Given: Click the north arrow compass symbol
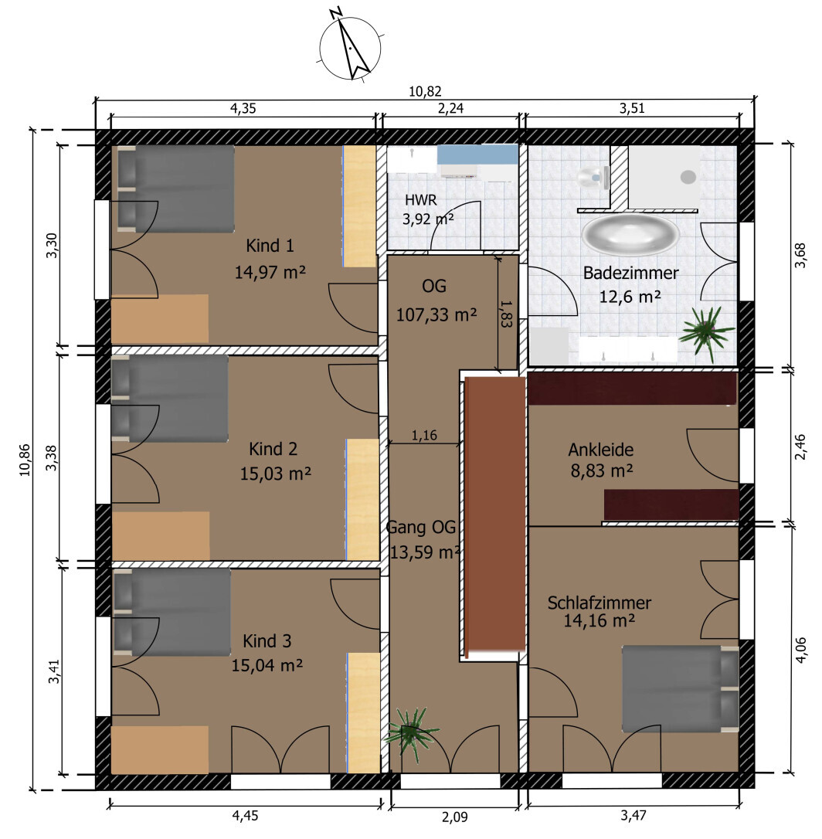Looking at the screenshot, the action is (x=351, y=47).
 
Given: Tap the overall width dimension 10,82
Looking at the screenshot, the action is (x=425, y=91).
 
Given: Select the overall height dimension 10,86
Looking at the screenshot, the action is (x=25, y=460).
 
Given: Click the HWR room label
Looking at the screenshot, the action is (x=420, y=200).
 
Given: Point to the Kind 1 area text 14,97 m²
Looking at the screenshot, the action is (x=270, y=272).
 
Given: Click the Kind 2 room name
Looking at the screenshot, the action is (x=273, y=448).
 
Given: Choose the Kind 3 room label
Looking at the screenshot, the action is (x=267, y=640).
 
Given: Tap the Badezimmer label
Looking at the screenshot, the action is (x=630, y=273).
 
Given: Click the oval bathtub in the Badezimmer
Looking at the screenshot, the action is (x=630, y=235).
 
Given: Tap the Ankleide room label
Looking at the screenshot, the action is (x=601, y=450).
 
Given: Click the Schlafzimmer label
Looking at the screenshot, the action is (x=600, y=603).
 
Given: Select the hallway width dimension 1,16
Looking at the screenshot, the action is (x=424, y=436).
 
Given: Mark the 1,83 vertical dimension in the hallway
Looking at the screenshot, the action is (x=506, y=313).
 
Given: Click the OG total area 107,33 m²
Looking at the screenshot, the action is (x=436, y=314).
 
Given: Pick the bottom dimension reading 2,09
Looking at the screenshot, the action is (x=455, y=817).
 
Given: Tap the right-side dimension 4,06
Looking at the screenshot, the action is (x=800, y=650).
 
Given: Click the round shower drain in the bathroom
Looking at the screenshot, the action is (x=688, y=177).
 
